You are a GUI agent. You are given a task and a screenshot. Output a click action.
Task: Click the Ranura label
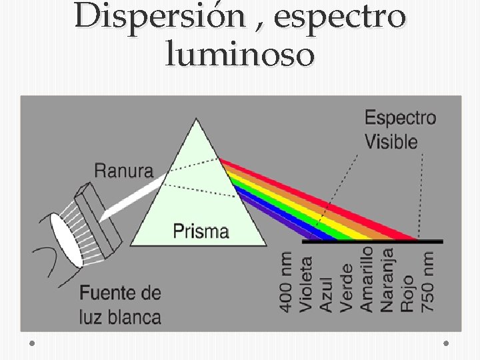pyautogui.click(x=123, y=170)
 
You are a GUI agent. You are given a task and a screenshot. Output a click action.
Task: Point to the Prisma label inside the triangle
pyautogui.click(x=201, y=231)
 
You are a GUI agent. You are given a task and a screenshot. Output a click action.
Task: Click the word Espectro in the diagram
pyautogui.click(x=400, y=119)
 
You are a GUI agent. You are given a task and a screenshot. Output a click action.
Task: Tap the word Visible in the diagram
pyautogui.click(x=391, y=141)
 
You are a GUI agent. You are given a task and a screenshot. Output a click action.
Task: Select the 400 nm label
pyautogui.click(x=285, y=281)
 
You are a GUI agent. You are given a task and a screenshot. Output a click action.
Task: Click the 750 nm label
pyautogui.click(x=428, y=281)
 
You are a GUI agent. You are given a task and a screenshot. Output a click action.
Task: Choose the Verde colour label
pyautogui.click(x=346, y=287)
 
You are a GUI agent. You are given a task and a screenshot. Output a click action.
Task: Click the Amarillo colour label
pyautogui.click(x=367, y=279)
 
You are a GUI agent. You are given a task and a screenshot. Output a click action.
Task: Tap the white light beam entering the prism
pyautogui.click(x=133, y=197)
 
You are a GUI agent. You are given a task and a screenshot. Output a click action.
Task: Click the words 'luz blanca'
pyautogui.click(x=121, y=315)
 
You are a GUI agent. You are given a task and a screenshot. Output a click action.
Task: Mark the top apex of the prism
pyautogui.click(x=196, y=121)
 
